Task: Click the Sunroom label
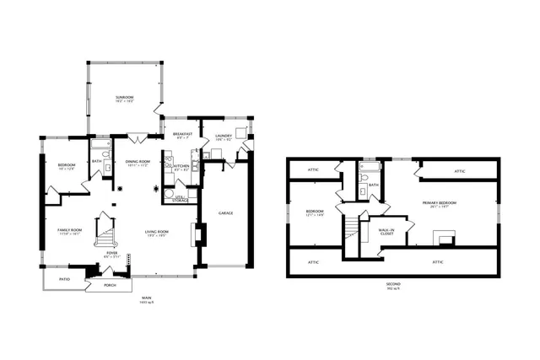pyautogui.click(x=125, y=99)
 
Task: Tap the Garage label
pyautogui.click(x=225, y=212)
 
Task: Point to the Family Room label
pyautogui.click(x=68, y=232)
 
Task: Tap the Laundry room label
pyautogui.click(x=223, y=134)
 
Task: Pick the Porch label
pyautogui.click(x=109, y=285)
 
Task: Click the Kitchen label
pyautogui.click(x=181, y=166)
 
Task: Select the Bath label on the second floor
pyautogui.click(x=372, y=185)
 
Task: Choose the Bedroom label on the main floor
pyautogui.click(x=67, y=164)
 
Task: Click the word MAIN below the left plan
pyautogui.click(x=146, y=297)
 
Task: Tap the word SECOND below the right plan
pyautogui.click(x=393, y=285)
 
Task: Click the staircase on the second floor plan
pyautogui.click(x=352, y=225)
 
